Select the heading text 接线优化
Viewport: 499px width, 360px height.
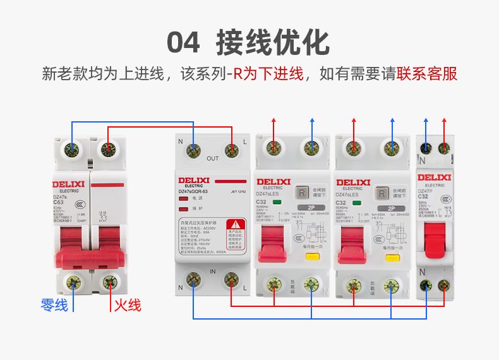pyautogui.click(x=273, y=42)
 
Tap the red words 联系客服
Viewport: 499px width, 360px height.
pyautogui.click(x=427, y=75)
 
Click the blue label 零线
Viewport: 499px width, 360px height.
pyautogui.click(x=54, y=305)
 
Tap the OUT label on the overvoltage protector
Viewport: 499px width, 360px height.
pyautogui.click(x=213, y=158)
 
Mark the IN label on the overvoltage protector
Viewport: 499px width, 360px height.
pyautogui.click(x=213, y=270)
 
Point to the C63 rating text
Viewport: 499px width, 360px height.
pyautogui.click(x=59, y=201)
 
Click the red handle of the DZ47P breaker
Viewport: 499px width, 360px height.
pyautogui.click(x=435, y=239)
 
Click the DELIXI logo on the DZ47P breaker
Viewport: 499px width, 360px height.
pyautogui.click(x=435, y=177)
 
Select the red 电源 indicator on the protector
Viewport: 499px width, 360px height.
pyautogui.click(x=184, y=199)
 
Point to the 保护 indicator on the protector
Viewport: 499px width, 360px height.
pyautogui.click(x=184, y=208)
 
